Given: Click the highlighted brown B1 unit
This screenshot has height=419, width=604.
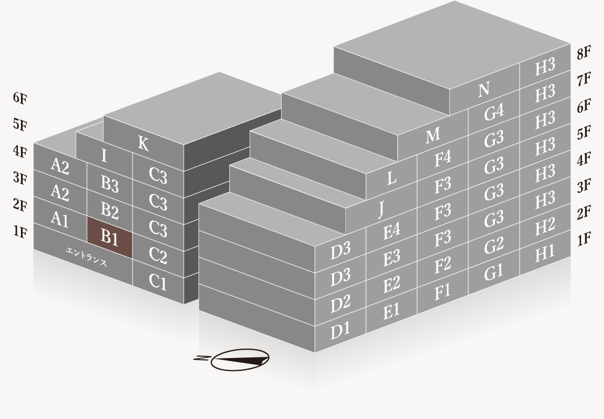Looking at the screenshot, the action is point(110,237).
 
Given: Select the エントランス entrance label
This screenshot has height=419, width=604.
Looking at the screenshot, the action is point(86,257).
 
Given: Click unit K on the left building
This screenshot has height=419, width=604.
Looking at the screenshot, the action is point(143,144).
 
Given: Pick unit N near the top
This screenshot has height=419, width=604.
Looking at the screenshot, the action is point(484,90).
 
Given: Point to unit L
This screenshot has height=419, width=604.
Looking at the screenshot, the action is point(391,178).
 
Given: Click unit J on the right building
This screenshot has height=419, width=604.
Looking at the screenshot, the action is point(382,209).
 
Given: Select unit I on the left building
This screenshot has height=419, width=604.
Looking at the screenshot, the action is point(104,155).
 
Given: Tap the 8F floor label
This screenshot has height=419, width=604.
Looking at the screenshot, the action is point(584,53).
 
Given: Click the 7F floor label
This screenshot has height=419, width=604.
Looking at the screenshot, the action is point(584,79).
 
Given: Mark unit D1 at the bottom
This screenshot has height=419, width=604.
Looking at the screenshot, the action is point(340,330).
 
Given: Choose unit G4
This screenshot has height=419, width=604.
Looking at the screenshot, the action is point(494,112).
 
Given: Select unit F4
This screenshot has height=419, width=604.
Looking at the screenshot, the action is point(443,159).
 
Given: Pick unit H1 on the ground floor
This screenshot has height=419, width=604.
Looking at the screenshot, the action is point(545,253).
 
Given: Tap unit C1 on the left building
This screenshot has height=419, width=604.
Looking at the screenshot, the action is point(158,282).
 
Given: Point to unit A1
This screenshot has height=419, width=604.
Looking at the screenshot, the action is point(60,219).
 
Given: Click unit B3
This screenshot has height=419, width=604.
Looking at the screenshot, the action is point(110,184).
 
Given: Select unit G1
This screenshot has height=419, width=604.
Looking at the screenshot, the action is point(494,272).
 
